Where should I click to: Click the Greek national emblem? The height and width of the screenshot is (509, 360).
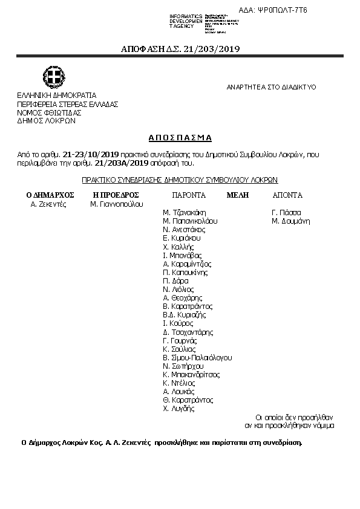click(53, 77)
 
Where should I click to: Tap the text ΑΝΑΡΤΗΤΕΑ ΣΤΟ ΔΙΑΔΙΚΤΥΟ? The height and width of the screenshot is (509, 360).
click(272, 87)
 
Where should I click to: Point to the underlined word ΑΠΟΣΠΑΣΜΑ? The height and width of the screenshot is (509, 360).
click(179, 137)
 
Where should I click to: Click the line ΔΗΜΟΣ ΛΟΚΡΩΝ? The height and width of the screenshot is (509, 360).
click(46, 121)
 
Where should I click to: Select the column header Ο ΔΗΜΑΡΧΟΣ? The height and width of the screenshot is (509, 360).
click(50, 195)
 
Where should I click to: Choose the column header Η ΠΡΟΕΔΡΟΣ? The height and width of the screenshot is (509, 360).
click(116, 195)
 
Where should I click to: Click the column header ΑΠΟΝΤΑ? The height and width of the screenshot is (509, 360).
click(287, 195)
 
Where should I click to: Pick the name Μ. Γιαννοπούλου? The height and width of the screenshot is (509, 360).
click(116, 204)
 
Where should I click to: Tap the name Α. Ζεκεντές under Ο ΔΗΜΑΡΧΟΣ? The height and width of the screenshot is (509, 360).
click(48, 204)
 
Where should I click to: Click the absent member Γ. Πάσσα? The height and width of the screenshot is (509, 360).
click(286, 213)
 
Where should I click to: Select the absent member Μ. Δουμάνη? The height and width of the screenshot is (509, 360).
click(290, 221)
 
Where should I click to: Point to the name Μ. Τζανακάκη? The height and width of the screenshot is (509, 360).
click(185, 213)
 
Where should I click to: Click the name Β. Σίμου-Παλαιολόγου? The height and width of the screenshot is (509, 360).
click(197, 358)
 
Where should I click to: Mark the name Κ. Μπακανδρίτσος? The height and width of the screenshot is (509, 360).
click(191, 375)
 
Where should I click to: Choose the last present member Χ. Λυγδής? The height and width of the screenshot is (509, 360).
click(178, 409)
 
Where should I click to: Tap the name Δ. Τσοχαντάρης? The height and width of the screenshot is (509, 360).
click(188, 332)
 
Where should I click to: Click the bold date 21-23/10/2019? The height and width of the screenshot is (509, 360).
click(98, 155)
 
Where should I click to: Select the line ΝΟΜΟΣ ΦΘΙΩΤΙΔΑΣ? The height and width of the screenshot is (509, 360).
click(49, 112)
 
